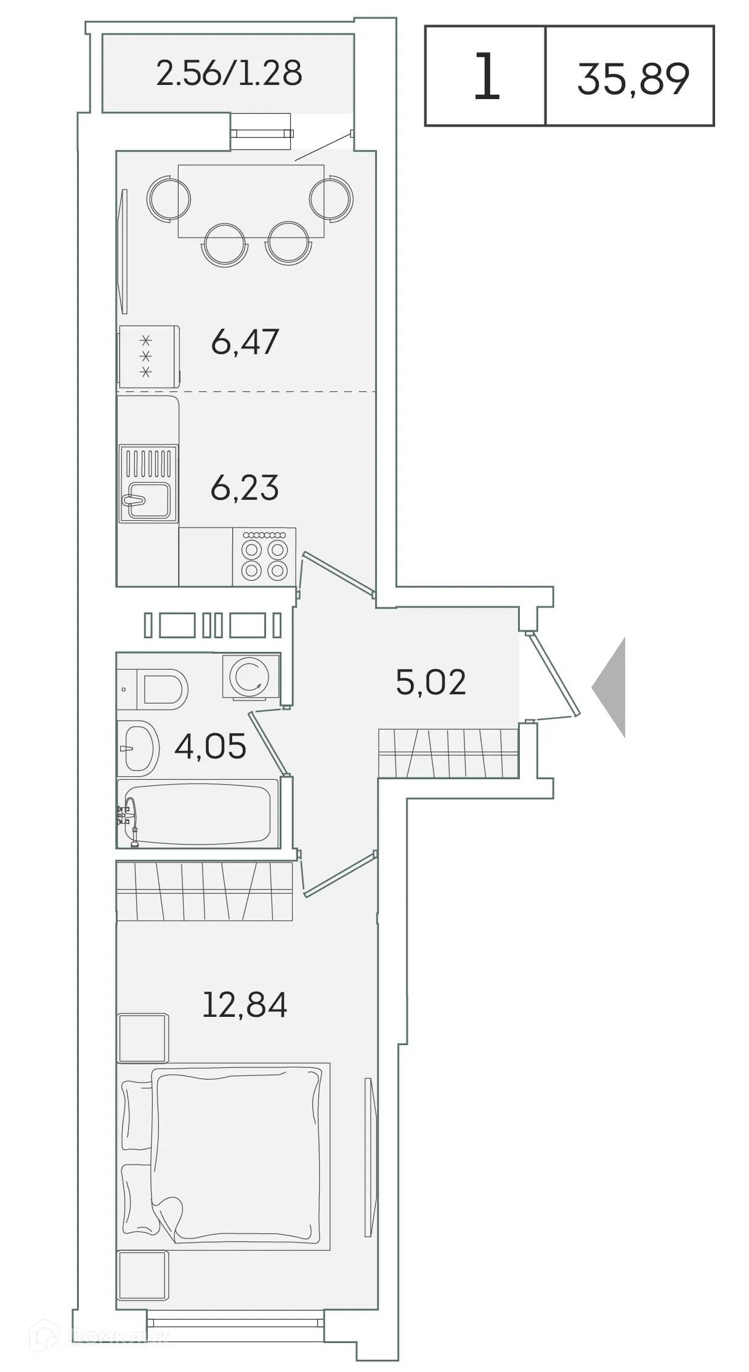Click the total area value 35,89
[x=633, y=78]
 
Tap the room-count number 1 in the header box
[x=486, y=76]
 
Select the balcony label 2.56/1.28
[x=229, y=73]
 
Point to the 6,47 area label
[x=245, y=342]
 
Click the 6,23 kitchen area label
[x=245, y=487]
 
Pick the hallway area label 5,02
[x=431, y=682]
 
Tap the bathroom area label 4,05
[x=210, y=746]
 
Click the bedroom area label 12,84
[x=245, y=1004]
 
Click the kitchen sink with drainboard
[x=148, y=484]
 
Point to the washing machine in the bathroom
[x=250, y=676]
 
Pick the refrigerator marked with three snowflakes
[x=149, y=356]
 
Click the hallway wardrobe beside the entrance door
[x=448, y=753]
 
